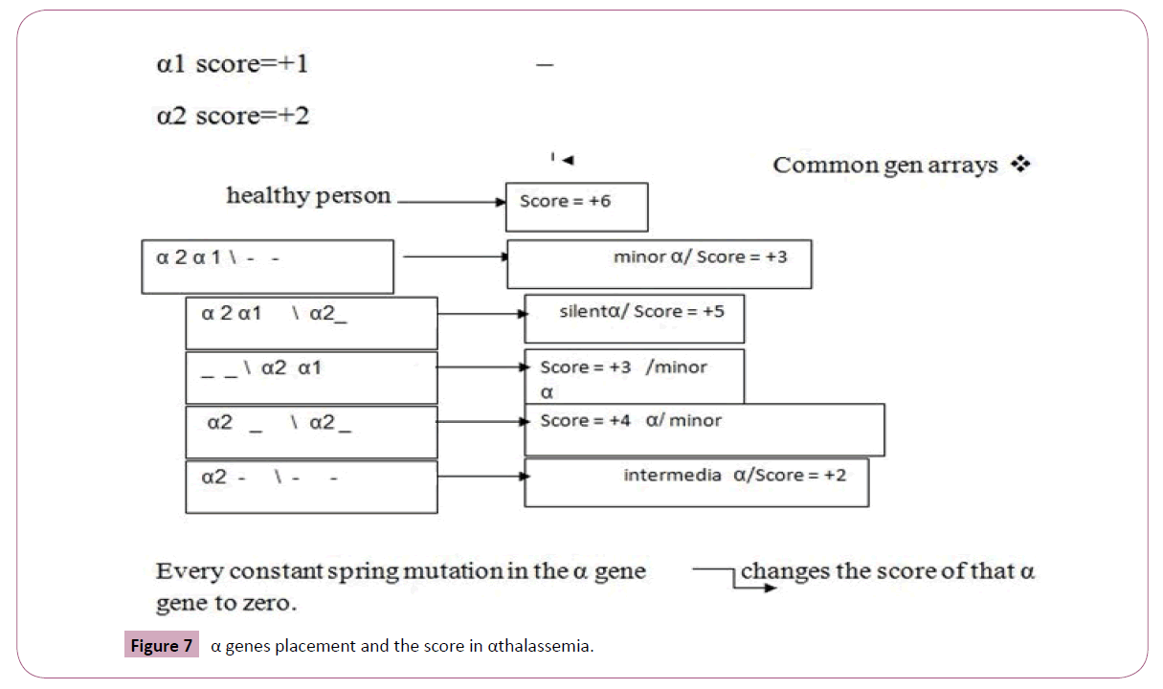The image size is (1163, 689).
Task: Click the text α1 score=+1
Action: (x=232, y=65)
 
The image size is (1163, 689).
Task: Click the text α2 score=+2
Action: (x=232, y=117)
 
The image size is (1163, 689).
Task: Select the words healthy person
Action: (x=308, y=196)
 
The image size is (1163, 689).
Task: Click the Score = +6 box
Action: (x=576, y=207)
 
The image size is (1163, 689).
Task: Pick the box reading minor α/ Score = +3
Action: (x=659, y=263)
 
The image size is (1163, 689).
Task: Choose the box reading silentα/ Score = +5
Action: (x=634, y=319)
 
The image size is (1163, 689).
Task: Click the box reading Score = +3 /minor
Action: (x=634, y=376)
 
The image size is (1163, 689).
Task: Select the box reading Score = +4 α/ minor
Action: (x=704, y=430)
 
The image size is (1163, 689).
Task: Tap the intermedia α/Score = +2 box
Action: (x=696, y=483)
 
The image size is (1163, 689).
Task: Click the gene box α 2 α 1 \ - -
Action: (x=267, y=266)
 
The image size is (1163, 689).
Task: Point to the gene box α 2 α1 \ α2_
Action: (x=311, y=322)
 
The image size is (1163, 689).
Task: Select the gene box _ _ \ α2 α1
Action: (x=311, y=377)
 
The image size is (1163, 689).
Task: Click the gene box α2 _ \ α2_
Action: (x=311, y=432)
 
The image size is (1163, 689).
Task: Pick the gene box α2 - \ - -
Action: (x=311, y=486)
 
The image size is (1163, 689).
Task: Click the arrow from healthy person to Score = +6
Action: (x=450, y=203)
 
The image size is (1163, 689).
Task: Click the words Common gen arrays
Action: (x=885, y=165)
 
